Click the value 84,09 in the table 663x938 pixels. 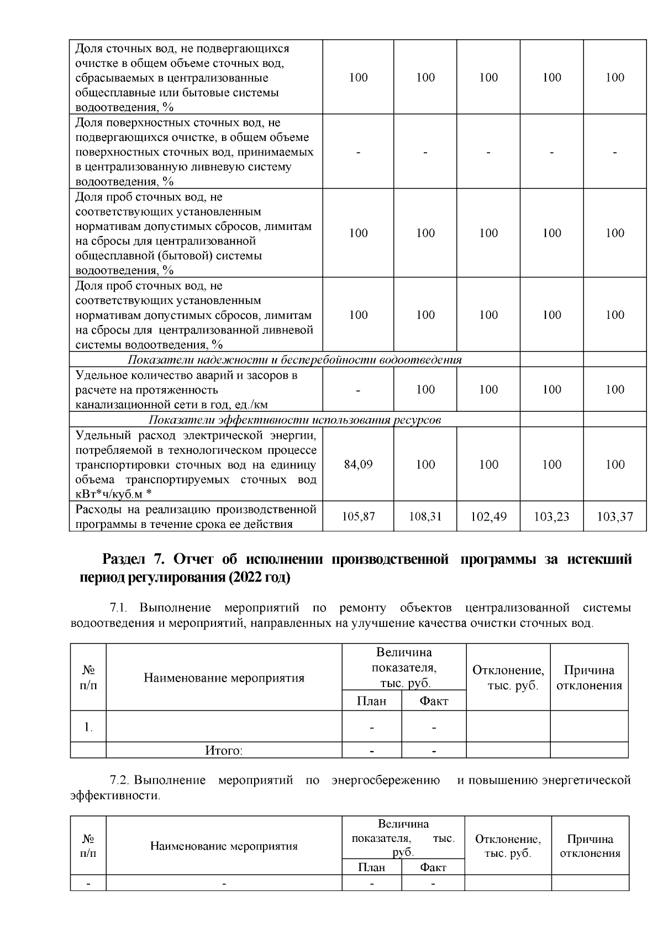click(358, 464)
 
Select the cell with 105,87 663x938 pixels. click(358, 517)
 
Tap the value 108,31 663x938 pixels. click(425, 517)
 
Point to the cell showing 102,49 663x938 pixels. click(488, 517)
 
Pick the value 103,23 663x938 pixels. click(551, 517)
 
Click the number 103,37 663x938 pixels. click(615, 517)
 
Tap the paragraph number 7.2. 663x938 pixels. click(119, 781)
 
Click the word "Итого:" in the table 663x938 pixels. click(224, 751)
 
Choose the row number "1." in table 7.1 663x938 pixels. click(88, 727)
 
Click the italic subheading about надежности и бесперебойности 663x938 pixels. click(294, 360)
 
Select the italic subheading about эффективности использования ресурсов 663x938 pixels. click(294, 420)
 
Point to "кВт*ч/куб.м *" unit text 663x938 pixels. click(113, 494)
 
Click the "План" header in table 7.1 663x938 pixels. click(371, 701)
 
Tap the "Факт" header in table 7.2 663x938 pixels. click(433, 868)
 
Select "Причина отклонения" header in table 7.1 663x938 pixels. click(589, 678)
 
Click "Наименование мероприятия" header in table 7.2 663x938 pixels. click(224, 846)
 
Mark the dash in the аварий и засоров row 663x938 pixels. click(358, 390)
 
